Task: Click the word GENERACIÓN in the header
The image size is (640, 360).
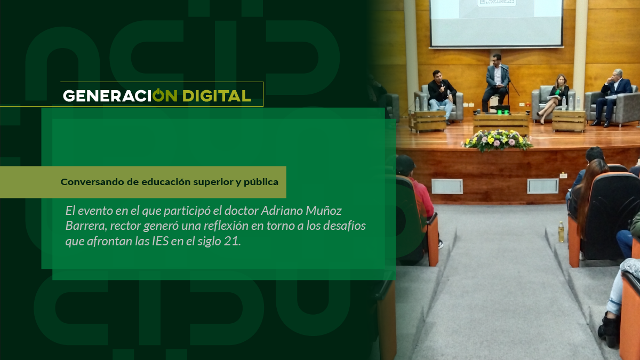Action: click(120, 95)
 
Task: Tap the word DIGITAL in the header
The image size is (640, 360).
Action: click(217, 95)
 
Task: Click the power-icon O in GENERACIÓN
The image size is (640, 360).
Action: click(158, 95)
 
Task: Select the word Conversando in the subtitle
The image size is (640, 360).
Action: click(92, 182)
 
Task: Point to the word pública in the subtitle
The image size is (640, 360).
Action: click(261, 182)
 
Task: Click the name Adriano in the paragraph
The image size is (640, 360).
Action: click(282, 211)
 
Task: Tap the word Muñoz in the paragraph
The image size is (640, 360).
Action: click(324, 211)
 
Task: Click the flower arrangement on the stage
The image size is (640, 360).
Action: click(498, 140)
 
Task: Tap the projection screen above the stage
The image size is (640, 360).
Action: click(497, 23)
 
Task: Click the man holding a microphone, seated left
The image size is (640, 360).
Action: click(441, 95)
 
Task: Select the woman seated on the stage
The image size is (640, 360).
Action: click(554, 97)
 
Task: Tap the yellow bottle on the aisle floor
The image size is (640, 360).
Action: click(561, 231)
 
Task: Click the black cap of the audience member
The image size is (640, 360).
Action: click(405, 164)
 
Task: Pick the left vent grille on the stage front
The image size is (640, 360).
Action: click(447, 186)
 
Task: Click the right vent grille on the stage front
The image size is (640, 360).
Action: click(543, 186)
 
